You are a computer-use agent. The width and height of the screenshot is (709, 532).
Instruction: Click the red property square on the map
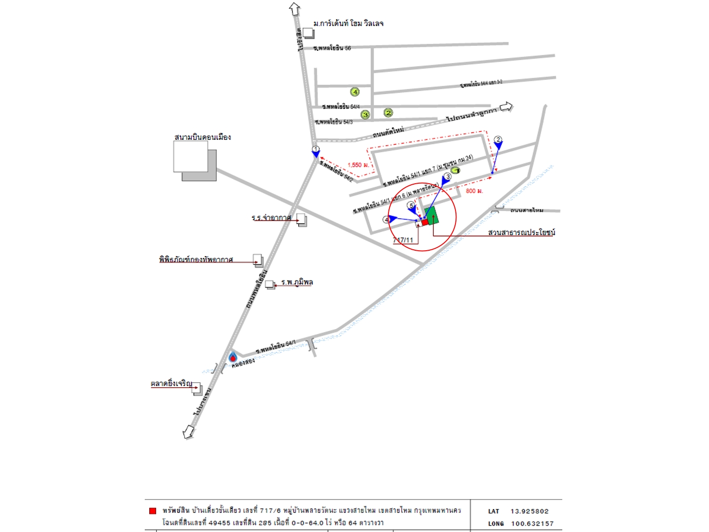pos(425,222)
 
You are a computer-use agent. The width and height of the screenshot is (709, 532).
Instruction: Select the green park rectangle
pos(432,216)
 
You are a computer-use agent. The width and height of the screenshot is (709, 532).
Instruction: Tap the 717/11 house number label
pos(403,240)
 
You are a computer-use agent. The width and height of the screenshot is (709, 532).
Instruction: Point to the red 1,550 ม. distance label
pos(358,165)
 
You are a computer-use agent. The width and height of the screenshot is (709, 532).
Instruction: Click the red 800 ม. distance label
pos(474,191)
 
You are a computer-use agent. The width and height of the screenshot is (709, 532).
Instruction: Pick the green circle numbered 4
pos(354,92)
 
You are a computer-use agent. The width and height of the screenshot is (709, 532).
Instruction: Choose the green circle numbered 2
pos(388,113)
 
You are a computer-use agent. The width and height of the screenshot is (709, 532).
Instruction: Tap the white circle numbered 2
pos(498,139)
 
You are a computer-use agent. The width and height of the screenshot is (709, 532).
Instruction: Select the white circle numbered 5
pos(411,205)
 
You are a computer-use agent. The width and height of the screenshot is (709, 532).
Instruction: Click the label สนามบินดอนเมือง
pos(202,137)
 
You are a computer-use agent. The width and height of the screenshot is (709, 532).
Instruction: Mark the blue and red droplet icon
pos(233,357)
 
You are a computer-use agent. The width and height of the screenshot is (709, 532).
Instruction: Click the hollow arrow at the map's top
pos(294,8)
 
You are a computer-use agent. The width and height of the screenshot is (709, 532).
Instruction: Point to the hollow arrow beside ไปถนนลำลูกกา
pos(506,107)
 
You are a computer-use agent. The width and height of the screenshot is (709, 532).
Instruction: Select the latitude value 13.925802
pos(529,511)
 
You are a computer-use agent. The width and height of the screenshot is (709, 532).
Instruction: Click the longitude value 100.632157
pos(532,524)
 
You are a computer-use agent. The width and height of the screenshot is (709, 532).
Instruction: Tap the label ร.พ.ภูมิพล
pos(297,282)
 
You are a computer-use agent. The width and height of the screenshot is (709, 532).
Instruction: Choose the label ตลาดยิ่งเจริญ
pos(171,383)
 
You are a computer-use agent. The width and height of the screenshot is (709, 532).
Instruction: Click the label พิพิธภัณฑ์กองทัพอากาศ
pos(195,259)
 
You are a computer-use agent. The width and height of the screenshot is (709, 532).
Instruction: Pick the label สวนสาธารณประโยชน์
pos(521,232)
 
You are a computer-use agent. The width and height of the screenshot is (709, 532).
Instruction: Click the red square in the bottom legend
pos(153,511)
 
